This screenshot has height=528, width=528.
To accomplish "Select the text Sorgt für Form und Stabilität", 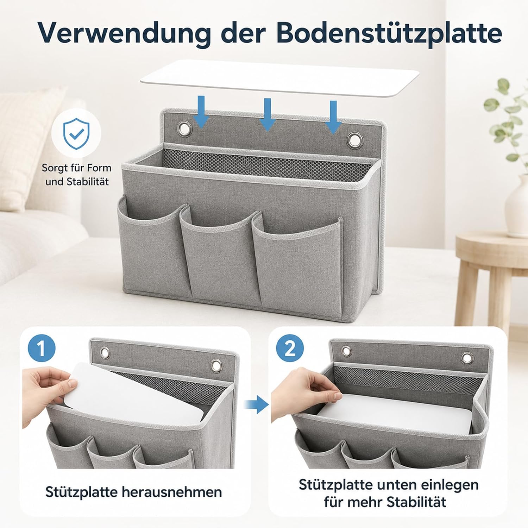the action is [76, 175].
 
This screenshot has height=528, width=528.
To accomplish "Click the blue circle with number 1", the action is [42, 348].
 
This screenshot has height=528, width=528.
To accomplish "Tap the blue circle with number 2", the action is [290, 348].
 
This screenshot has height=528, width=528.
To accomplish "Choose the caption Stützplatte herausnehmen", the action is [133, 492].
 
